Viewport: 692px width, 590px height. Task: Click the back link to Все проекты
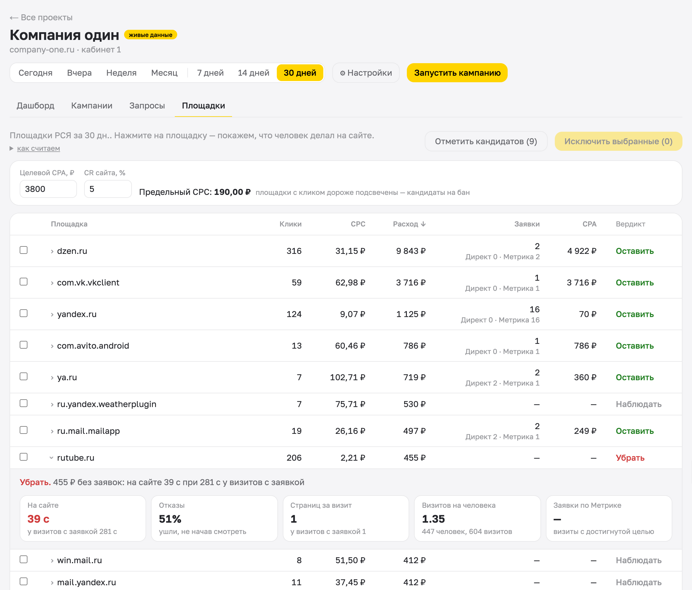click(41, 17)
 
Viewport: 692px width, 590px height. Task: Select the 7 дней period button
click(210, 73)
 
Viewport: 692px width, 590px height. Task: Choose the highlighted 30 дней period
click(299, 73)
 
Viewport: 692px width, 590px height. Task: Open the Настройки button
click(366, 73)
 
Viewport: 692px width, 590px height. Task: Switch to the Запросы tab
click(147, 105)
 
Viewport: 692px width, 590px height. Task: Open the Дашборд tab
click(35, 105)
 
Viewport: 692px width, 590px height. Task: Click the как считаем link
click(38, 148)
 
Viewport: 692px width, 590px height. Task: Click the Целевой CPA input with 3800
click(48, 189)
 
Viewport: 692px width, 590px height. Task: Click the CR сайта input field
click(108, 189)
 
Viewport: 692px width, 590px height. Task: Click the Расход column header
click(409, 224)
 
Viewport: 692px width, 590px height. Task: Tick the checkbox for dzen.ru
click(23, 250)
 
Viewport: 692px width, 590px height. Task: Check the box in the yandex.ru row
click(23, 313)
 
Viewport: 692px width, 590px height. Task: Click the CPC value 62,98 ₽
click(350, 283)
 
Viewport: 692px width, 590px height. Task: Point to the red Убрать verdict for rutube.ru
click(630, 458)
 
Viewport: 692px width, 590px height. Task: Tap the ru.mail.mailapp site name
click(88, 431)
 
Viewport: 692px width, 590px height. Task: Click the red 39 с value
click(38, 519)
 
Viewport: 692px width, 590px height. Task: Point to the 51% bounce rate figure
click(170, 519)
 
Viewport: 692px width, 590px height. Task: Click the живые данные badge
click(151, 35)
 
